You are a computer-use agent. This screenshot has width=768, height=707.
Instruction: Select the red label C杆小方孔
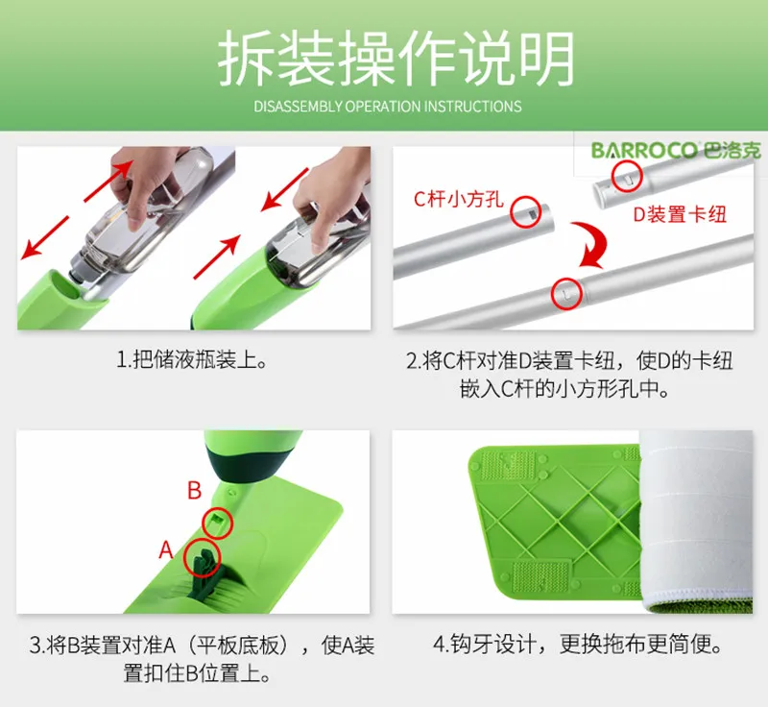click(x=456, y=200)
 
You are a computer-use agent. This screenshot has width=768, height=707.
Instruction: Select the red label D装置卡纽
click(x=679, y=214)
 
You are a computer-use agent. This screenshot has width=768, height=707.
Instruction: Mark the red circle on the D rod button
click(x=626, y=173)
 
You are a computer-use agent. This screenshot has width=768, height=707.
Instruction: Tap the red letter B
click(x=194, y=492)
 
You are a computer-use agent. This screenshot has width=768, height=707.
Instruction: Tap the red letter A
click(x=165, y=550)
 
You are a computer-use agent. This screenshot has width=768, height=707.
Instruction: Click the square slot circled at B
click(x=219, y=521)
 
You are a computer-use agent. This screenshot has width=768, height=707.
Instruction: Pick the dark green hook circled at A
click(x=204, y=557)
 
